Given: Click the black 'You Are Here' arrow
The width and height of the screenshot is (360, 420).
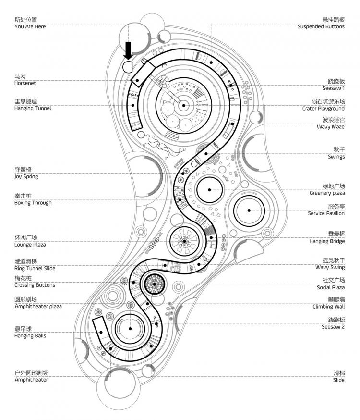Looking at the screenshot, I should pyautogui.click(x=128, y=50).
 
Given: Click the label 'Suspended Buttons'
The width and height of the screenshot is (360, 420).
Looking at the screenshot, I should pyautogui.click(x=321, y=26).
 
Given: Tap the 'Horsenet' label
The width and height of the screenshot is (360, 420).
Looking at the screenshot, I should pyautogui.click(x=25, y=83).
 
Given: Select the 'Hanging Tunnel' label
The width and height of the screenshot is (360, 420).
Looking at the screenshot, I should pyautogui.click(x=32, y=108).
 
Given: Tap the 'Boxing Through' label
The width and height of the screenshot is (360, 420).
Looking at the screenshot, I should pyautogui.click(x=33, y=203).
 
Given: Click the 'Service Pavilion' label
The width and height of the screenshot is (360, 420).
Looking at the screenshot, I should pyautogui.click(x=326, y=213).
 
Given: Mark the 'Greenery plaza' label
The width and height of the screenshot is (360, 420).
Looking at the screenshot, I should pyautogui.click(x=327, y=193).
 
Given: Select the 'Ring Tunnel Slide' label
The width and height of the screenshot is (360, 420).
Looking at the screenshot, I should pyautogui.click(x=35, y=268).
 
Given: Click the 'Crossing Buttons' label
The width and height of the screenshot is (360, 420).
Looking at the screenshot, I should pyautogui.click(x=35, y=285).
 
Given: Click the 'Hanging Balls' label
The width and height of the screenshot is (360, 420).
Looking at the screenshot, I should pyautogui.click(x=30, y=336).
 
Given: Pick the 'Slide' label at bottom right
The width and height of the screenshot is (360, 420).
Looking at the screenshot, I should pyautogui.click(x=338, y=380).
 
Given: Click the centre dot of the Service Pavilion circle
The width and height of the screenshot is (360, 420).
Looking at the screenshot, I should pyautogui.click(x=250, y=210).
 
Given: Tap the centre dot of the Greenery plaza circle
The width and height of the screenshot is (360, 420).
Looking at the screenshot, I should pyautogui.click(x=210, y=190).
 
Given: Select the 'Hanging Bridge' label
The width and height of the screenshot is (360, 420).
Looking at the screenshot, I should pyautogui.click(x=327, y=241).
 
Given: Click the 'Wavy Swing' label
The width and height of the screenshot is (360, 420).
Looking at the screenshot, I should pyautogui.click(x=330, y=267).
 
